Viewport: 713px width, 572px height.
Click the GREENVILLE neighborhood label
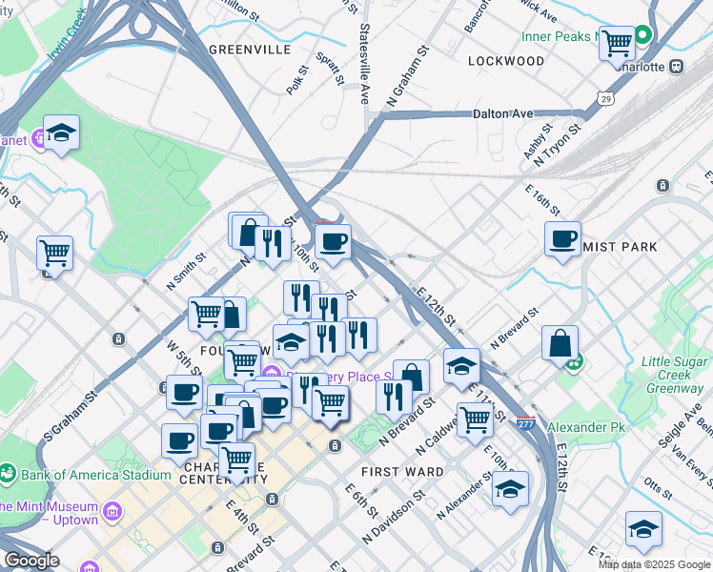[250, 50]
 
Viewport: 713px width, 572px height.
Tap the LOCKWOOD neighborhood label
[506, 61]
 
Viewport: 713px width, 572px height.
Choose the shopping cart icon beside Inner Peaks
[618, 43]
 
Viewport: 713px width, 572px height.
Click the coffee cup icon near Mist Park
[563, 238]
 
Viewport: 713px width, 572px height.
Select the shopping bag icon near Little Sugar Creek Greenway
[560, 343]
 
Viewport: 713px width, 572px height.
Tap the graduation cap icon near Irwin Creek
[61, 133]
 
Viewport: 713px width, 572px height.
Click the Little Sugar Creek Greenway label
[674, 375]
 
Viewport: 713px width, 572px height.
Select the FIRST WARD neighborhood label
[402, 472]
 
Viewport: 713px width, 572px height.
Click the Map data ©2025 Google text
[654, 564]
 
